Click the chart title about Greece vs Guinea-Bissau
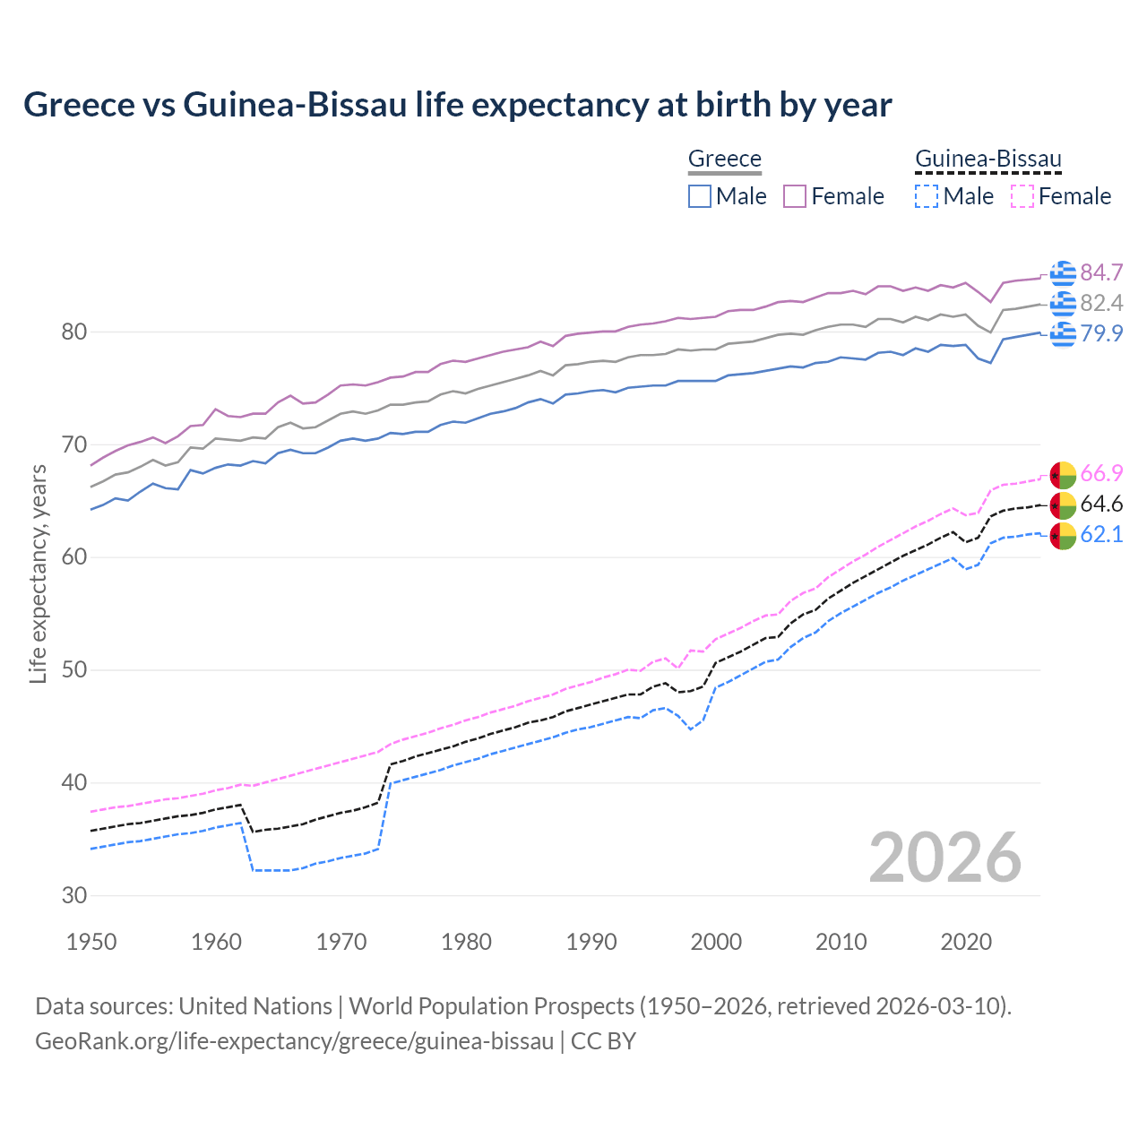(x=457, y=105)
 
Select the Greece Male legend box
(x=700, y=196)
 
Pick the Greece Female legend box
(x=795, y=196)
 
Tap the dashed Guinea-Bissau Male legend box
(x=927, y=196)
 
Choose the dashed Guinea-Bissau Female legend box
(x=1022, y=196)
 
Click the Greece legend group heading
(x=724, y=159)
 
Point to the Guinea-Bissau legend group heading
(x=987, y=159)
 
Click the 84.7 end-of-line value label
(x=1101, y=272)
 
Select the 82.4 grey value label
(x=1101, y=303)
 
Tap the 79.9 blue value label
(x=1101, y=333)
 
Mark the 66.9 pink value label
(x=1101, y=473)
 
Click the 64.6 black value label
(x=1101, y=504)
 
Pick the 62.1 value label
(x=1101, y=534)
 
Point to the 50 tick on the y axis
(x=74, y=670)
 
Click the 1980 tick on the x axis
(x=466, y=942)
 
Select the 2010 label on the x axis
(x=841, y=942)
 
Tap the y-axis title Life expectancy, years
(x=38, y=573)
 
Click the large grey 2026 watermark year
(x=944, y=858)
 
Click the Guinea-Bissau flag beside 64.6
(x=1063, y=505)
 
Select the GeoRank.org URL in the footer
(x=294, y=1041)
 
